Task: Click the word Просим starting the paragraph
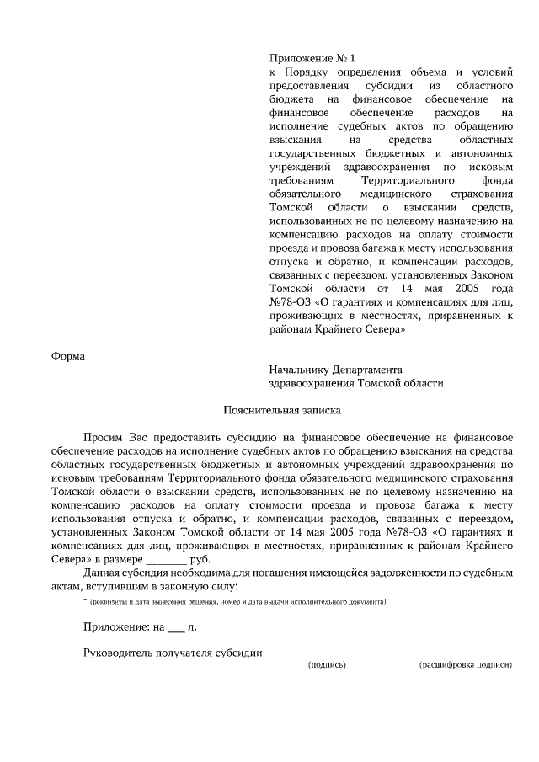(103, 438)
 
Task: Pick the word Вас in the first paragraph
(140, 438)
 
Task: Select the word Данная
(103, 573)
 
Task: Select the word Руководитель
(121, 653)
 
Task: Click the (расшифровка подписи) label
(465, 665)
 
